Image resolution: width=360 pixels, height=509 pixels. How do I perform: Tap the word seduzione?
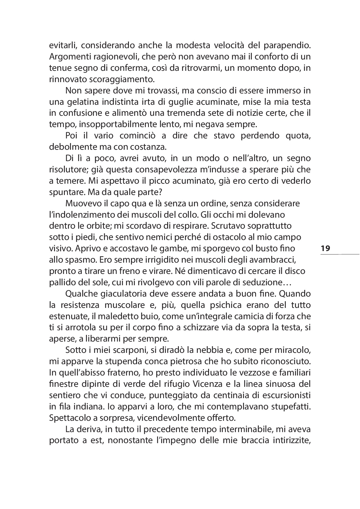pyautogui.click(x=264, y=282)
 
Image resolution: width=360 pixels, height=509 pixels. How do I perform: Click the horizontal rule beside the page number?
pyautogui.click(x=340, y=255)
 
